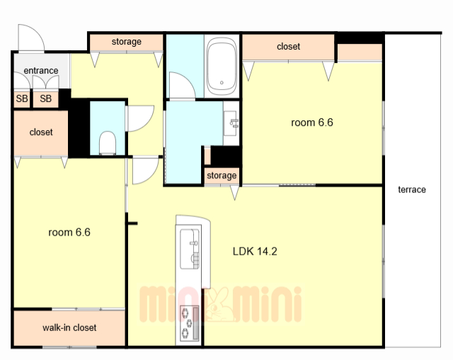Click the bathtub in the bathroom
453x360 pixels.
[x=222, y=66]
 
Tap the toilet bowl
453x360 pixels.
[x=108, y=143]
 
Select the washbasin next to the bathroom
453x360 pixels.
[x=231, y=123]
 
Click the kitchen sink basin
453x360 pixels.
[x=190, y=249]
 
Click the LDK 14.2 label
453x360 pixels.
[x=255, y=251]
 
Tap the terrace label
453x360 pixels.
[x=412, y=190]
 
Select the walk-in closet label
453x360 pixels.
[x=69, y=327]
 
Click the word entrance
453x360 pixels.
[x=41, y=71]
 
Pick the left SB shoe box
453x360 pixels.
[x=22, y=99]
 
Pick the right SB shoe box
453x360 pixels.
[x=45, y=99]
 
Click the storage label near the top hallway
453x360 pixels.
[x=127, y=42]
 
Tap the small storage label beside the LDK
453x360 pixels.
[x=222, y=175]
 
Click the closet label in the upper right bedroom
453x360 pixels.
[x=288, y=47]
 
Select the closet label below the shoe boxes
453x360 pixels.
[x=41, y=132]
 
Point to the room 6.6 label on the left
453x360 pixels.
[x=69, y=233]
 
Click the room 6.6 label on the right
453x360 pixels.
[x=312, y=122]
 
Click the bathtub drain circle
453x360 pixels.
[x=222, y=83]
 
